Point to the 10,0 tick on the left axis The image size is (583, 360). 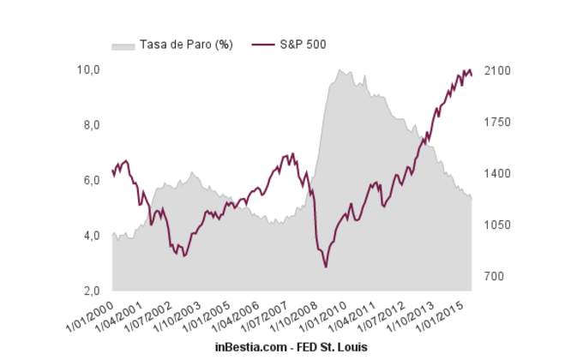point(90,69)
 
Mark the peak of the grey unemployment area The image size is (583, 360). point(340,69)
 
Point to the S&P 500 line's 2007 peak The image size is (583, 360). point(292,154)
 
